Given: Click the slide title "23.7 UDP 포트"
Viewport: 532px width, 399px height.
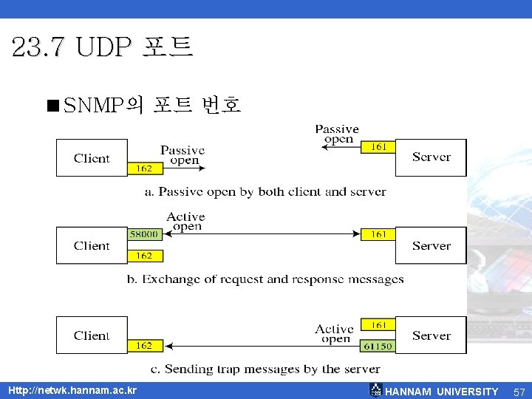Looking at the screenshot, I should (x=103, y=47).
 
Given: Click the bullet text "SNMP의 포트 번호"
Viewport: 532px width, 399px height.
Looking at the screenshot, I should (x=152, y=105).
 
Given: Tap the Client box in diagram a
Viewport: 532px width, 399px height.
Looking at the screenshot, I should (x=92, y=158).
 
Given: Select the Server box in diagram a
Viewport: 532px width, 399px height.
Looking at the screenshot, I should (x=432, y=157).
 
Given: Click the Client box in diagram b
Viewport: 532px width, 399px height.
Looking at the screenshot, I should (x=92, y=245).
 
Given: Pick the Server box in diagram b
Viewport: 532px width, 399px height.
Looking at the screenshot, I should (x=432, y=245).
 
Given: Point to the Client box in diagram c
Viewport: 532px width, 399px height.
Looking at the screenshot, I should (x=92, y=335).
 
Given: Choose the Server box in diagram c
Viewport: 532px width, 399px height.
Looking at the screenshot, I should (x=432, y=335).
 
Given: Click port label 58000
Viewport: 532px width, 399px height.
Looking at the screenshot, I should (x=145, y=234).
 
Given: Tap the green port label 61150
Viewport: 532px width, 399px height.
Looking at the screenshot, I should (x=378, y=346).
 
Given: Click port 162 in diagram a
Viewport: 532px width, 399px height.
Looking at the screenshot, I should (x=145, y=168).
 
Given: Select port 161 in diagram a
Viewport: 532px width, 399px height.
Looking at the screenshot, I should (x=378, y=147).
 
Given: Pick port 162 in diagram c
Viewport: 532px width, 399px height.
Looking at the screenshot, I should (x=145, y=345).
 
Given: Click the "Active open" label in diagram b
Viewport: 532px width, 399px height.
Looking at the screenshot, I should (x=185, y=221).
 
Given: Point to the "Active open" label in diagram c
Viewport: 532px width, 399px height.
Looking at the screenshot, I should (x=335, y=334).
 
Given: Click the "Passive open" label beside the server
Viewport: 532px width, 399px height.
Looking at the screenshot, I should (x=337, y=134).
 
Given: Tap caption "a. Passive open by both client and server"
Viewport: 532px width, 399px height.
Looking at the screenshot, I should (x=265, y=192).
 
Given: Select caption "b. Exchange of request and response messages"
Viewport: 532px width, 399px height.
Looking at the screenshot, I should (x=273, y=279).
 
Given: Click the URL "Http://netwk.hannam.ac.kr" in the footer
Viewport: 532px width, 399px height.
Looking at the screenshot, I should (x=72, y=390).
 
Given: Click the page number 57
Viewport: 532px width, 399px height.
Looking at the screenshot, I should (x=519, y=392).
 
